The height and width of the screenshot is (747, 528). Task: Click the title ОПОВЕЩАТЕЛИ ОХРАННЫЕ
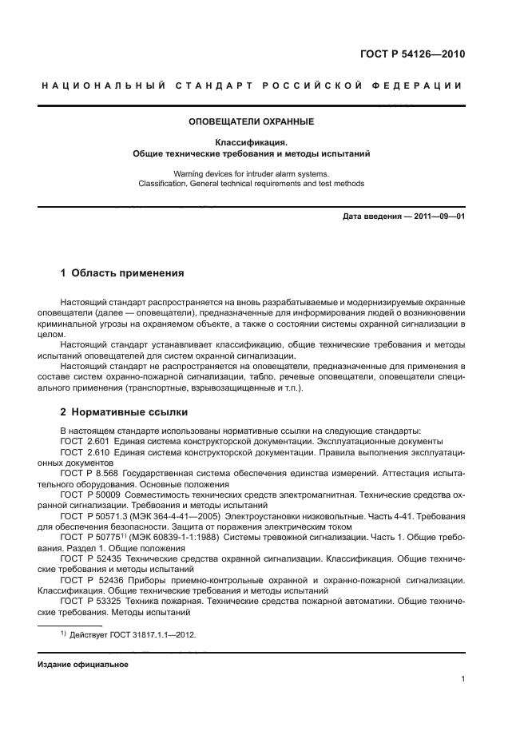click(x=251, y=122)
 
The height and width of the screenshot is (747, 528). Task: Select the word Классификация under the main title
click(x=251, y=141)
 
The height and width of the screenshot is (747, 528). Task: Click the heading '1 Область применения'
click(x=122, y=273)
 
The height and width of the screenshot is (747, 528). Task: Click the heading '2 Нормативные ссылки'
click(x=124, y=412)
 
